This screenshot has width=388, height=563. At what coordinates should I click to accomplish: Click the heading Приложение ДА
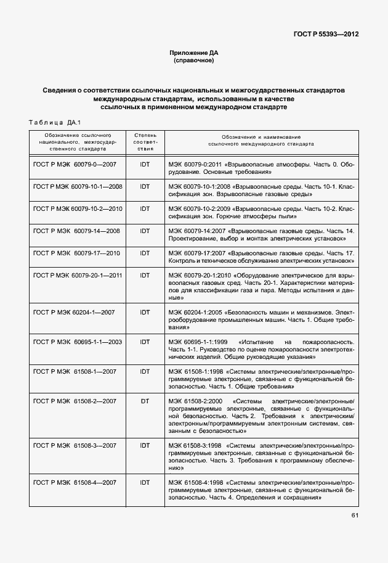point(194,54)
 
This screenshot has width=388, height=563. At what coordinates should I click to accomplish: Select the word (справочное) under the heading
point(194,62)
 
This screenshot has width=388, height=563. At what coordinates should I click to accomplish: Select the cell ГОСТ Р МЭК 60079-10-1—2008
point(78,186)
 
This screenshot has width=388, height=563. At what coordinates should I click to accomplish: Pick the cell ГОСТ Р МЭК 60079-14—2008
point(76,231)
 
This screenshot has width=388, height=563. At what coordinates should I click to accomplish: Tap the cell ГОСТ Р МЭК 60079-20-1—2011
point(78,274)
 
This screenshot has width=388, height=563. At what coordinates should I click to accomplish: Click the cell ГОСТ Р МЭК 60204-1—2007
point(74,312)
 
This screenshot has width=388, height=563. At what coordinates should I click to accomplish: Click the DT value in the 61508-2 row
point(145,401)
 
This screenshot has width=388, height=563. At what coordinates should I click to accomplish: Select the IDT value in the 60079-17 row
point(145,253)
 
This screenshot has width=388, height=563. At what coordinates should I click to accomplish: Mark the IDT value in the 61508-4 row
point(145,482)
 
